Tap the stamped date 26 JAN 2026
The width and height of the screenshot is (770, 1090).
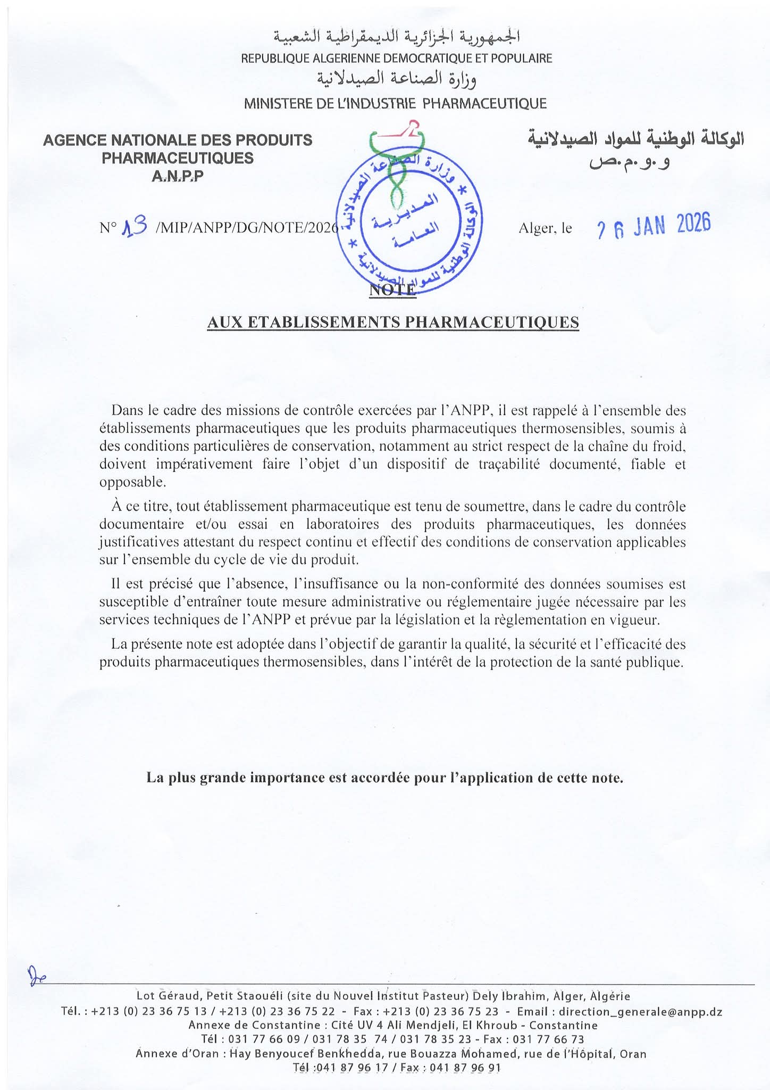[x=654, y=226]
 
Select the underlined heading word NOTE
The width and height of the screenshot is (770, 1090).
[x=392, y=290]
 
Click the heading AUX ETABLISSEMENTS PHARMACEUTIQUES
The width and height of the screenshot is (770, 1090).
[x=392, y=323]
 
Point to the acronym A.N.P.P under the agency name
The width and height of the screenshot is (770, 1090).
[x=177, y=176]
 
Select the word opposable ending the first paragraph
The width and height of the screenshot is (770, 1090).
[x=132, y=482]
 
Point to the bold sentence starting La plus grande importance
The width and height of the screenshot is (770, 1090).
[x=384, y=778]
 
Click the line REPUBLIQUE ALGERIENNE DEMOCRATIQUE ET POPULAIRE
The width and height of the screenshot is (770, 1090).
[x=397, y=58]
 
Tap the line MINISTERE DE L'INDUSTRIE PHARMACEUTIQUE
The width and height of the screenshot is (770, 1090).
[x=395, y=103]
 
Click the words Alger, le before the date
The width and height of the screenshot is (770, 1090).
[x=545, y=228]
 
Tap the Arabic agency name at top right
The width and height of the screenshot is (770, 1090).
[x=635, y=139]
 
